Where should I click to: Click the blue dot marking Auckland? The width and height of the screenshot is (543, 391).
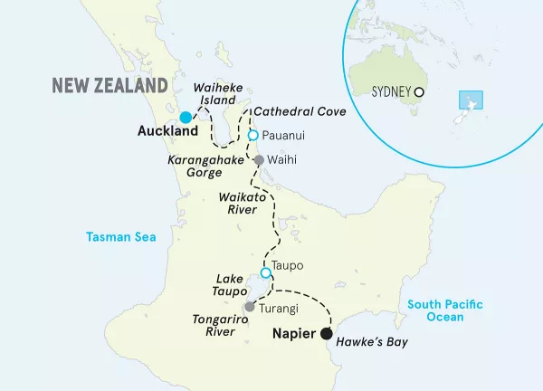click(x=186, y=117)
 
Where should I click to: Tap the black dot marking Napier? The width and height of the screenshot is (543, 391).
click(x=325, y=333)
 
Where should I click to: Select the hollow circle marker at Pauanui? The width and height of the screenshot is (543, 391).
click(x=253, y=137)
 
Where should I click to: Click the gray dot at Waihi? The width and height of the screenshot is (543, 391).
click(x=259, y=160)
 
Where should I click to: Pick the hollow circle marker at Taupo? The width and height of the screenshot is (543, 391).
click(x=265, y=272)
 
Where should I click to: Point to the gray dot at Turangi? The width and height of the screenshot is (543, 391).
click(x=249, y=308)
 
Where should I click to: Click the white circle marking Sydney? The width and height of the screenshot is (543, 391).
click(x=419, y=92)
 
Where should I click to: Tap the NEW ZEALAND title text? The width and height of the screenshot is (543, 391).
click(x=110, y=85)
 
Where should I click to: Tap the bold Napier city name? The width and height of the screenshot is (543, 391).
click(x=294, y=333)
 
